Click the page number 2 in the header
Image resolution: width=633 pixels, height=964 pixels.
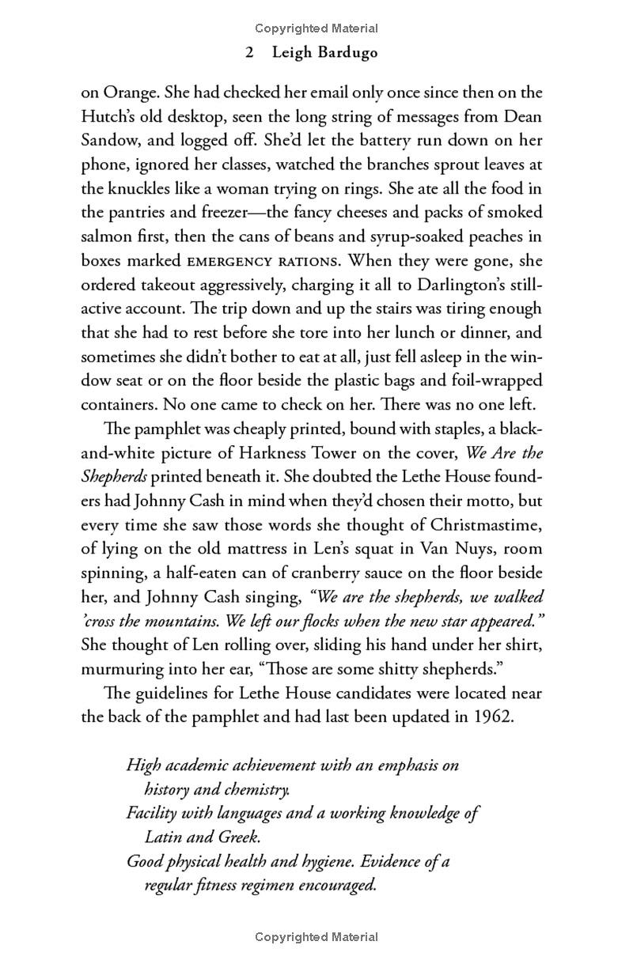tap(249, 53)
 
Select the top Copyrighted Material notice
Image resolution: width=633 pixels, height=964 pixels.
tap(316, 28)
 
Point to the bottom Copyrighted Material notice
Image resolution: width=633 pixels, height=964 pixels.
tap(316, 937)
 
